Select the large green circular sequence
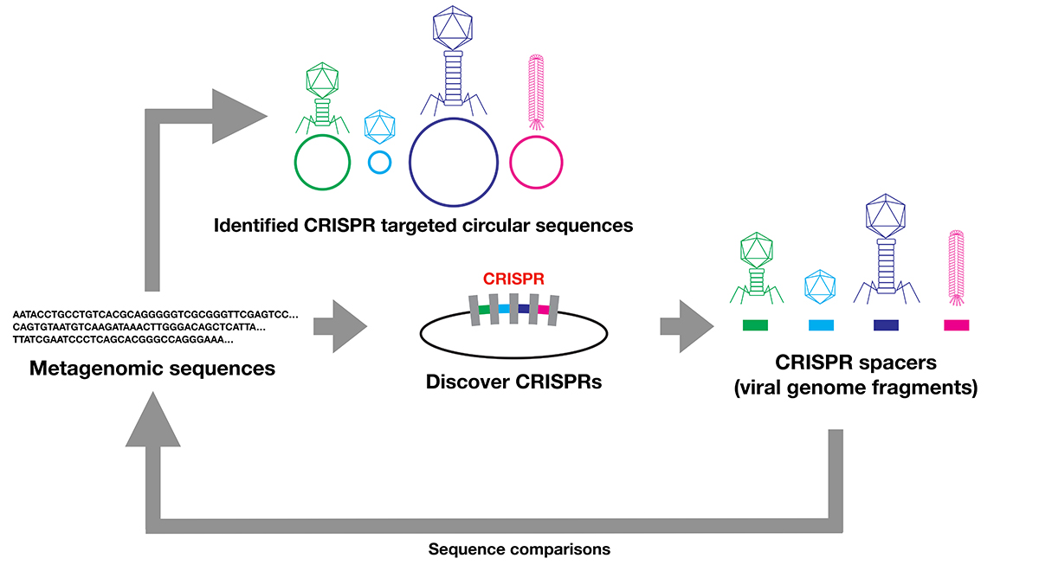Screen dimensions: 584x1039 322,161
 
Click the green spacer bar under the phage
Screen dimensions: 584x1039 755,325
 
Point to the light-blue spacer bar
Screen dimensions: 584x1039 821,325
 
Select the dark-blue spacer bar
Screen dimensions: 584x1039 886,325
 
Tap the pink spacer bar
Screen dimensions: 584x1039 956,325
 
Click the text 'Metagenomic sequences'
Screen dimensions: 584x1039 152,369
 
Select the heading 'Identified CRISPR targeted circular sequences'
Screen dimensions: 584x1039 423,226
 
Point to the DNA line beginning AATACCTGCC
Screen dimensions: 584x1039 156,314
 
